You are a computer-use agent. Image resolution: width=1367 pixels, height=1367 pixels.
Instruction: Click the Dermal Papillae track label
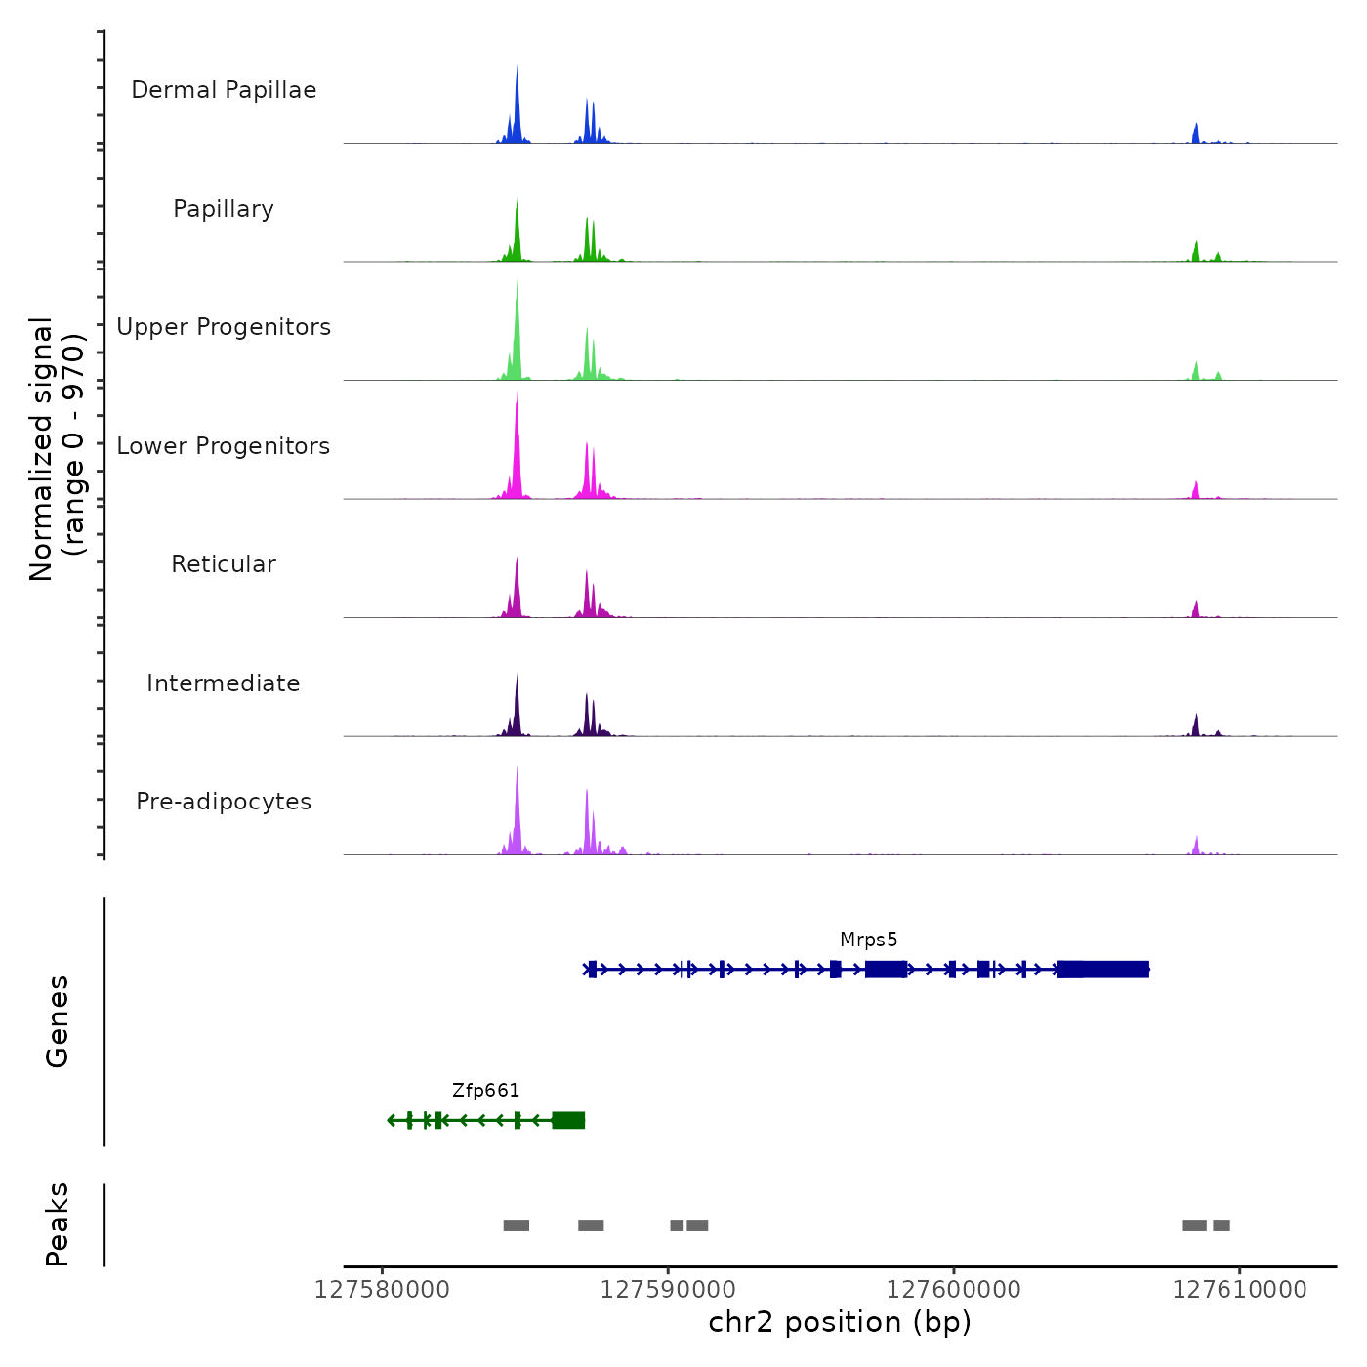(224, 90)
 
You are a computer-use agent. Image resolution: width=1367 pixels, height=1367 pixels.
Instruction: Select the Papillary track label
(224, 209)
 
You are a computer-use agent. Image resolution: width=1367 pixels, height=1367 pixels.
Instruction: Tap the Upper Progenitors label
(224, 327)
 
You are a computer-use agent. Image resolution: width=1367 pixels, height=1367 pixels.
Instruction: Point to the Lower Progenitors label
(224, 446)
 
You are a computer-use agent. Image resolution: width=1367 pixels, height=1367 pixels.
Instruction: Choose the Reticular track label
(224, 564)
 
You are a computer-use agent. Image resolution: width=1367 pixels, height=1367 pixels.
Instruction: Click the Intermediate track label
(224, 683)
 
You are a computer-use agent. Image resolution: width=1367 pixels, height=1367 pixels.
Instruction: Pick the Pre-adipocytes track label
(224, 802)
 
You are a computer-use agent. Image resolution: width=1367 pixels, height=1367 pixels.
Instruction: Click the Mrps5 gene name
(868, 940)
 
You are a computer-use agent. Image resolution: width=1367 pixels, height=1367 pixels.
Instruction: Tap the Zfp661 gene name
(485, 1091)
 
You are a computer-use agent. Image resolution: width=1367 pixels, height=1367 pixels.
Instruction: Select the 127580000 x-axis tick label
(382, 1290)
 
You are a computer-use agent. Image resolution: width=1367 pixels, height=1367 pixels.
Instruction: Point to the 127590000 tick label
(668, 1290)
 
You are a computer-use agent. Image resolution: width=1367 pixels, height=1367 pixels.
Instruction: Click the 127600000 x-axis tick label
(954, 1290)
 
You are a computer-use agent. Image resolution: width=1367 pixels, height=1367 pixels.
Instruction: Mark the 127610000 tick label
(1240, 1290)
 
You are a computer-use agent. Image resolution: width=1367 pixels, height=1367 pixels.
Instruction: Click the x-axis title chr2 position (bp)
(840, 1322)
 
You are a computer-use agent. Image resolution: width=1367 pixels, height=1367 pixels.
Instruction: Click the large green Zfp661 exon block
(568, 1120)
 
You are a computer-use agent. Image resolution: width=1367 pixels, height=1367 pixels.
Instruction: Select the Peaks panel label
(57, 1224)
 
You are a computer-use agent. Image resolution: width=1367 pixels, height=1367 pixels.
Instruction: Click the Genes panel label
(57, 1021)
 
